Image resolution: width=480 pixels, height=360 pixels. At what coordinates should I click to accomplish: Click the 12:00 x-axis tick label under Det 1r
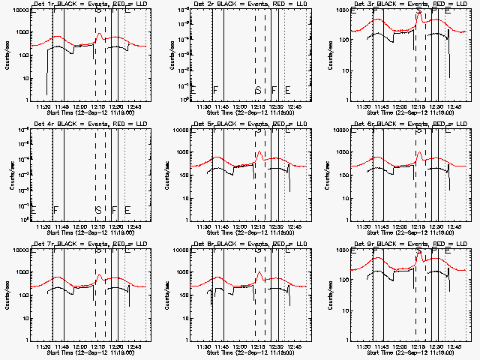click(80, 107)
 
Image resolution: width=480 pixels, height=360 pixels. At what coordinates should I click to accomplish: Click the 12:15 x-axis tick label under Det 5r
click(258, 226)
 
